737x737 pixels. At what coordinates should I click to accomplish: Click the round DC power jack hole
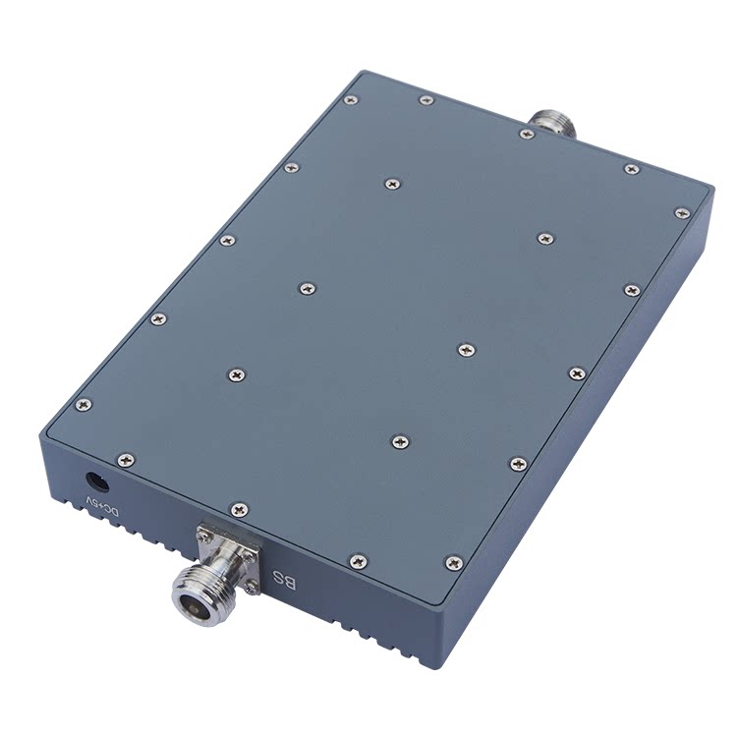97,482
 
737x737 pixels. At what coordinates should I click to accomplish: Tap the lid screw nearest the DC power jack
126,460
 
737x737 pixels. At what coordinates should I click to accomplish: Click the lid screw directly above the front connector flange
239,509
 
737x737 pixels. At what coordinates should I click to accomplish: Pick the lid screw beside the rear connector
527,134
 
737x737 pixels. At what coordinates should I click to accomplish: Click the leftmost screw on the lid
84,404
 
